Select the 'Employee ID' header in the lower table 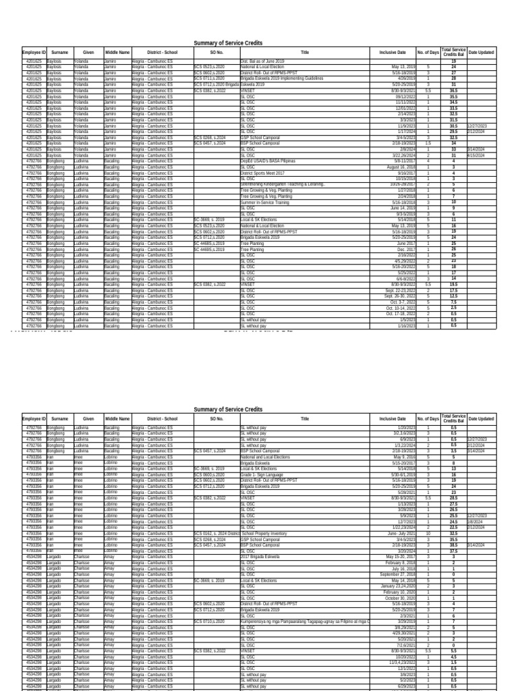coord(34,418)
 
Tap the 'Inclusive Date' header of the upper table coord(393,52)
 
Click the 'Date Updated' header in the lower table coord(481,418)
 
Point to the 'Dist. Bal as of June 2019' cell coord(264,61)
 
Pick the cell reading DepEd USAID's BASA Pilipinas coord(268,161)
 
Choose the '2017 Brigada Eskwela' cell coord(262,557)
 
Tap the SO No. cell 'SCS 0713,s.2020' coord(209,78)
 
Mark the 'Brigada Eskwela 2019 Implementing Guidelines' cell coord(282,78)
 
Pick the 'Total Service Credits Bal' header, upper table coord(453,52)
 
